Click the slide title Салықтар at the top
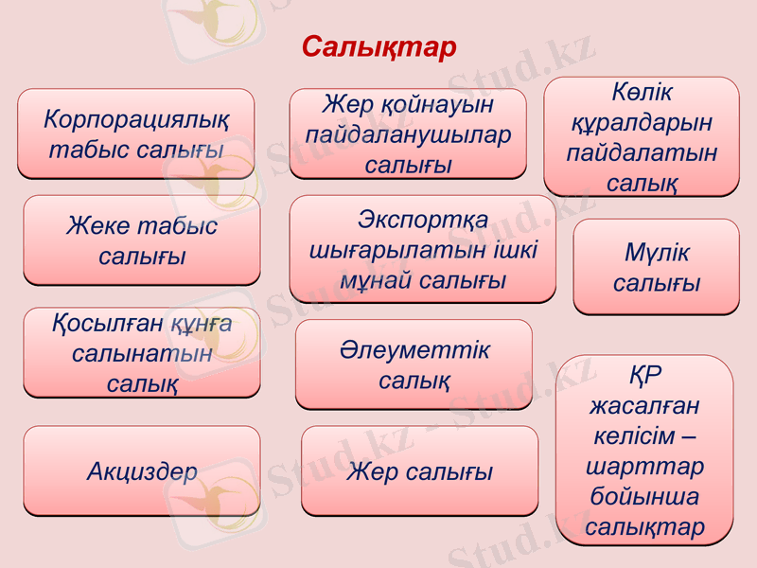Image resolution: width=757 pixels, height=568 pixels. coord(378,47)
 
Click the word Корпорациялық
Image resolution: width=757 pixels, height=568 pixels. coord(135,119)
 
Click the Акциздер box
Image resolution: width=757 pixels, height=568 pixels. coord(142,470)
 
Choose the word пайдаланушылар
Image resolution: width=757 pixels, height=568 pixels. coord(408,134)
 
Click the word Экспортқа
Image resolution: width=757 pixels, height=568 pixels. coord(423,221)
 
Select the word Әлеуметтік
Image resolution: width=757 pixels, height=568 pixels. coord(414,349)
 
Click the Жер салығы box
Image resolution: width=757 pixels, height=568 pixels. coord(419,470)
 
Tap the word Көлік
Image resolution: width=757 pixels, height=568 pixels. coord(641,94)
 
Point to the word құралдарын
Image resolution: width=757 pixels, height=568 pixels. coord(641,123)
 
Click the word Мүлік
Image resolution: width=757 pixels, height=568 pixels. coord(656,253)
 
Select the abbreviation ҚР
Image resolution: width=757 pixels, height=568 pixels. coord(643,376)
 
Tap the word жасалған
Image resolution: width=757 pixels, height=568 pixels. coord(643,406)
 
